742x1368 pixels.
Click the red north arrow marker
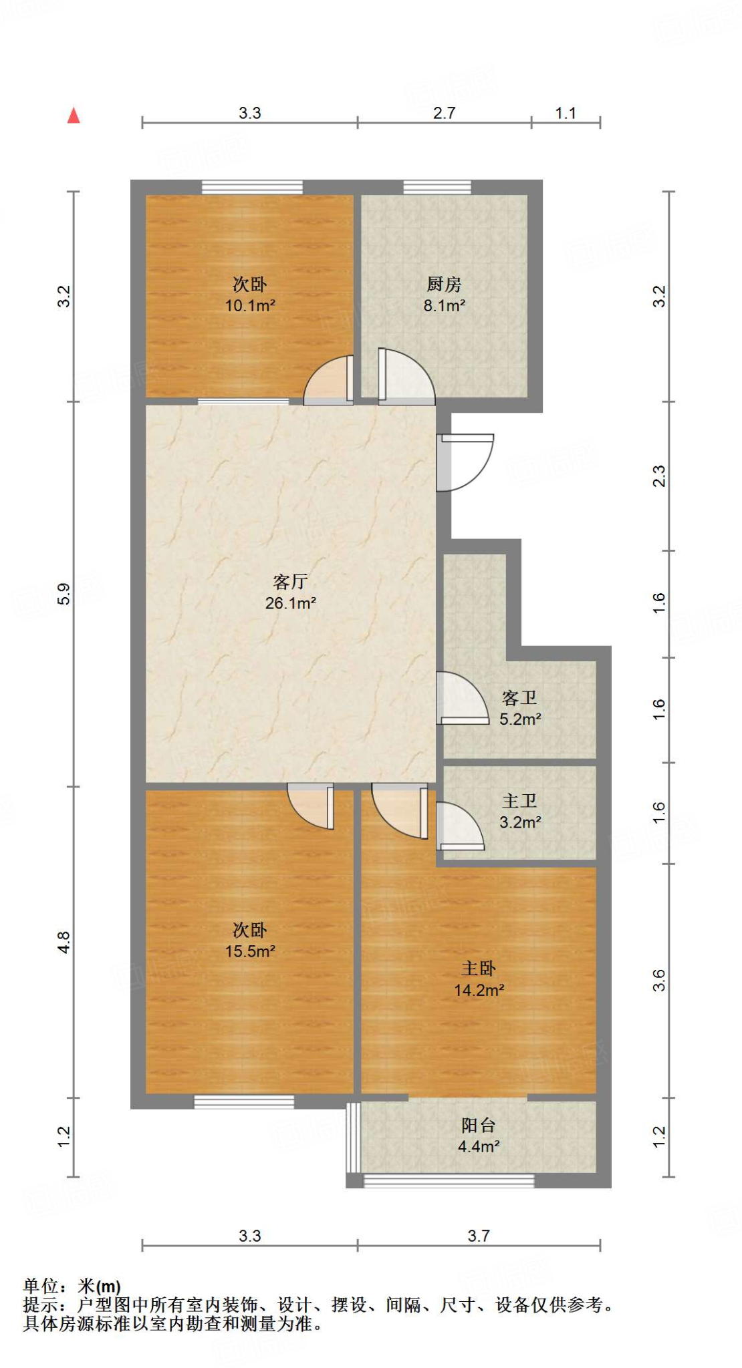coord(74,116)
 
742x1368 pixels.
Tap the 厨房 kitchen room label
coord(444,285)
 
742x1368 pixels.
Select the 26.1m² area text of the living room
coord(290,603)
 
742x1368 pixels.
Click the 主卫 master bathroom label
coord(519,801)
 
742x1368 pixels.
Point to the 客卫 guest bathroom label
coord(519,698)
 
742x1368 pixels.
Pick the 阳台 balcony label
coord(479,1126)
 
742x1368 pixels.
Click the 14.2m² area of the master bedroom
coord(479,991)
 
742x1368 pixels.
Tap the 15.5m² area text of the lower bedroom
coord(250,951)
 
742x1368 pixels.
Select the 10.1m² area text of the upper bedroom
coord(250,306)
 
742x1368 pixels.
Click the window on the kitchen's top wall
coord(437,187)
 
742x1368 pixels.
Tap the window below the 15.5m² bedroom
coord(244,1102)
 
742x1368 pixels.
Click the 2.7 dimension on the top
coord(444,113)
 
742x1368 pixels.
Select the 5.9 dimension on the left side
coord(64,594)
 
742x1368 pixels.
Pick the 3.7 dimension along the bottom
coord(479,1236)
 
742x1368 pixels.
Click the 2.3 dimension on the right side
coord(659,476)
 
